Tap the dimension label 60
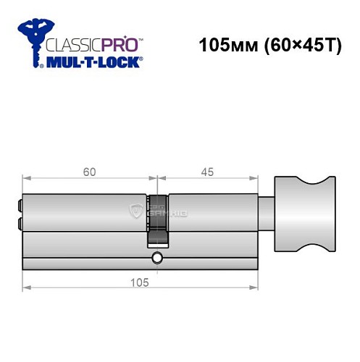[x=90, y=172]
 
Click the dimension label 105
[x=141, y=282]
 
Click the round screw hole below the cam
[x=157, y=258]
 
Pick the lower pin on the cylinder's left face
[x=18, y=224]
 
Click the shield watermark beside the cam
[x=135, y=211]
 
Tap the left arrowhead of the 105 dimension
[x=25, y=289]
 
